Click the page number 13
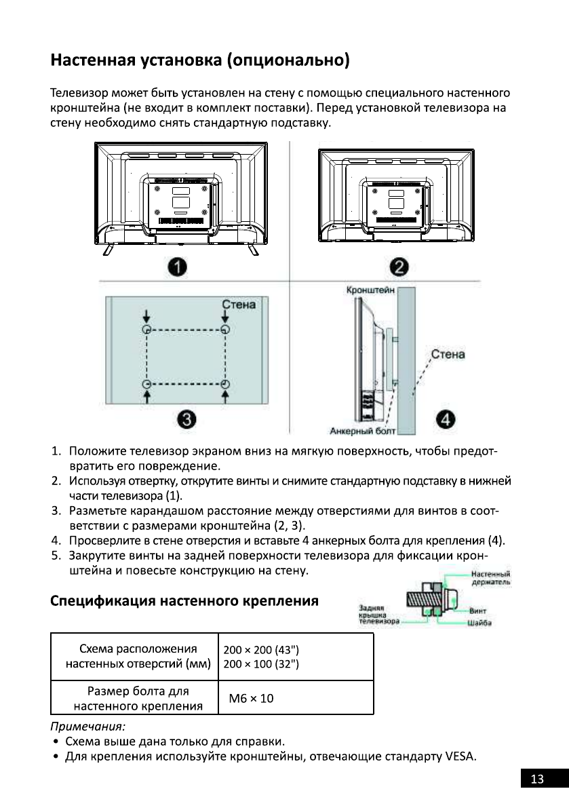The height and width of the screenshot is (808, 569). [x=537, y=780]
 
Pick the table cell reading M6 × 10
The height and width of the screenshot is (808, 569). [x=252, y=698]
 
